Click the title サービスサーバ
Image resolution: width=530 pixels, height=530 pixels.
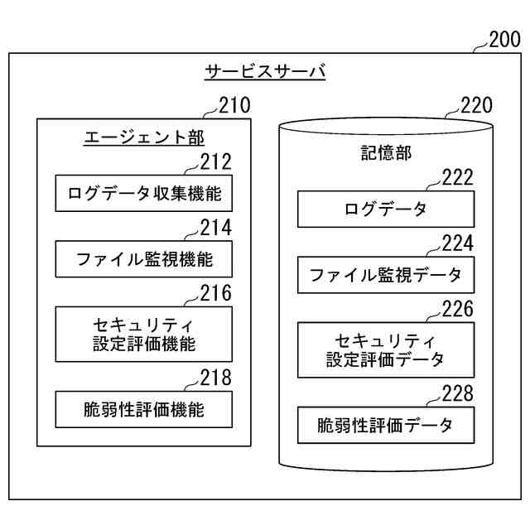265,72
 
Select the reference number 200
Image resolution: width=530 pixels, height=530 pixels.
504,39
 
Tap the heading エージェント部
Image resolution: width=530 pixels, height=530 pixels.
144,137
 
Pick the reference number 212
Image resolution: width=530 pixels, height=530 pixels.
215,162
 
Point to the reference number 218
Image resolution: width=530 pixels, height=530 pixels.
215,378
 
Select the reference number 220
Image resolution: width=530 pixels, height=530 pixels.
475,106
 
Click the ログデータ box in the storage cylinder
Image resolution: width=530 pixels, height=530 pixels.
386,210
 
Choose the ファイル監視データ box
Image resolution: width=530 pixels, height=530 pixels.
386,274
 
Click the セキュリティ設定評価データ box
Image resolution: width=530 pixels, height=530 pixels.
386,350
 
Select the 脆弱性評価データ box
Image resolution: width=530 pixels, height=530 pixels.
386,426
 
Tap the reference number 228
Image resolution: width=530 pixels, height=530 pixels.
457,393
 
